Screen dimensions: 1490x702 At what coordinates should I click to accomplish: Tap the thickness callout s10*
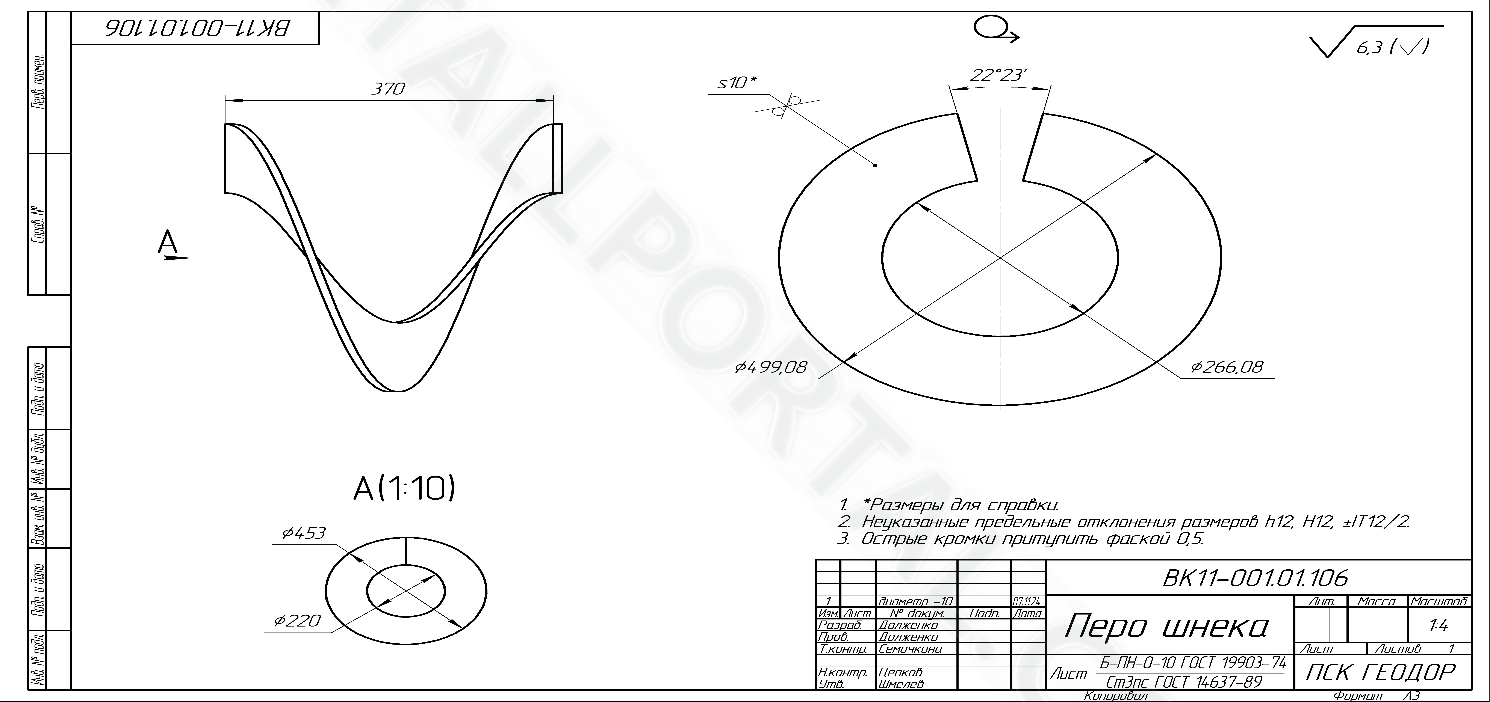tap(737, 83)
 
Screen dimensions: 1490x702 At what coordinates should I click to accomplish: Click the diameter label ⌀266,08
tap(1227, 367)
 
